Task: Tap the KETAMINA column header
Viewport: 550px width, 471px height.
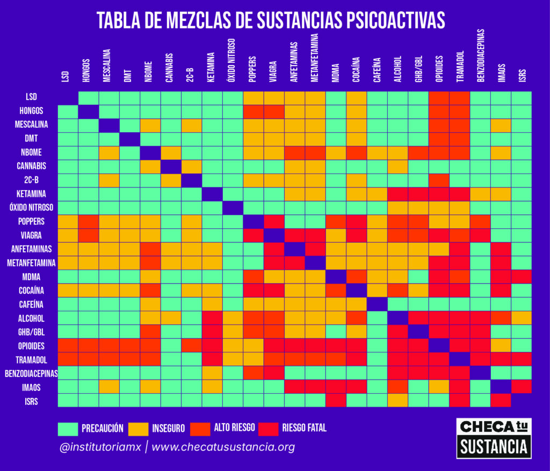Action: coord(211,67)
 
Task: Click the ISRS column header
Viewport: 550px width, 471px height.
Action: coord(522,75)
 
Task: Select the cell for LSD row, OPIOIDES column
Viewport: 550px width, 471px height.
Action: coord(439,98)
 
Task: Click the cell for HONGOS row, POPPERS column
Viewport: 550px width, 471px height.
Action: coord(253,111)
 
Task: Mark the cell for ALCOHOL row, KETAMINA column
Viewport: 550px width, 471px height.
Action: coord(212,317)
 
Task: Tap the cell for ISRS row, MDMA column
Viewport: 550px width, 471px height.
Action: coord(335,400)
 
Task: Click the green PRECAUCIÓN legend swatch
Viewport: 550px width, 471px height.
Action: coord(68,428)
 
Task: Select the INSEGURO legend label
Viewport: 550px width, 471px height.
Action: coord(168,428)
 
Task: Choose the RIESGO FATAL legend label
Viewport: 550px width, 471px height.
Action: coord(304,428)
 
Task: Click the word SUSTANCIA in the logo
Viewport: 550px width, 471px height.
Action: coord(494,446)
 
